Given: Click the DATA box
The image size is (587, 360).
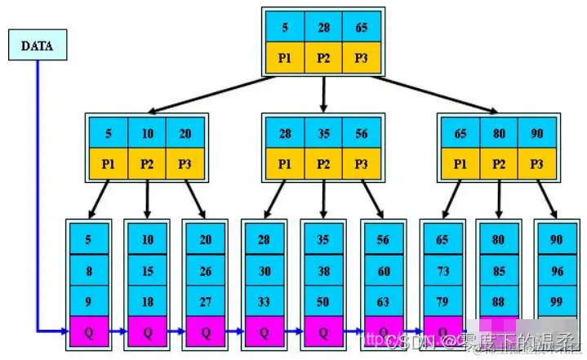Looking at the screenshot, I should click(x=38, y=47).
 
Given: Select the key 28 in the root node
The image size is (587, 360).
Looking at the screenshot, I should click(x=322, y=27).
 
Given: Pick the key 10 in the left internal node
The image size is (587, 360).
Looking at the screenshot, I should click(x=147, y=132).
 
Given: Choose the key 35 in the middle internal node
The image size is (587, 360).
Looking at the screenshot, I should click(x=323, y=132).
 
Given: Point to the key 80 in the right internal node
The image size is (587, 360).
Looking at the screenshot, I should click(x=499, y=132).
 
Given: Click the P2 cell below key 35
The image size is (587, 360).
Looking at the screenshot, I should click(x=323, y=163).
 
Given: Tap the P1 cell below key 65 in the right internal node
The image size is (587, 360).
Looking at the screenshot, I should click(x=460, y=163).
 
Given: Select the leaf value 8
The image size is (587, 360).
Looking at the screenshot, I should click(x=88, y=270).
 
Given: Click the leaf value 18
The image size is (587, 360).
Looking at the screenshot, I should click(x=147, y=301).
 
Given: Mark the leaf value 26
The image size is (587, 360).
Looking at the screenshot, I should click(x=206, y=270).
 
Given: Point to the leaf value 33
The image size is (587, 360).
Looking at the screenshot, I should click(x=265, y=301).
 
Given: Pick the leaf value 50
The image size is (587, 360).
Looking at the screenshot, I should click(x=323, y=301).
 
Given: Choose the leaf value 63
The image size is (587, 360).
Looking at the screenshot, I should click(x=382, y=301).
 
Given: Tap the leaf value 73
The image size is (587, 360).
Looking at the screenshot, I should click(x=442, y=270).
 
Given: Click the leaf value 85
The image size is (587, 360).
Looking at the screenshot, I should click(x=499, y=270).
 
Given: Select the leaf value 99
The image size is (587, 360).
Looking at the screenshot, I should click(x=558, y=301).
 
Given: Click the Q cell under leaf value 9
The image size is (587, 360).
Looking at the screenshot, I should click(x=88, y=331).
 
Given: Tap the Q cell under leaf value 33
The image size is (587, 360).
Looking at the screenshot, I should click(x=265, y=331).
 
